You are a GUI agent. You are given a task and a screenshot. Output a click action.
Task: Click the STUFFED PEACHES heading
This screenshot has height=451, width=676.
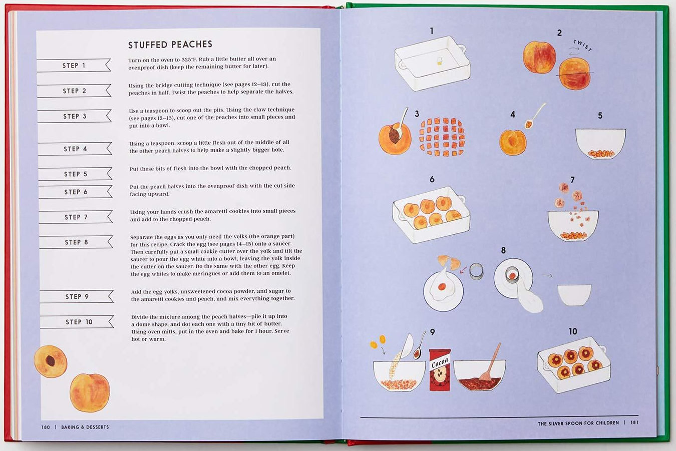click(x=170, y=45)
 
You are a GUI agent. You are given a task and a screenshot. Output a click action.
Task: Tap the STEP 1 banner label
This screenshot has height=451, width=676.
click(x=74, y=66)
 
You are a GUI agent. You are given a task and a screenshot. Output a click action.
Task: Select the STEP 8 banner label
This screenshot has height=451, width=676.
click(x=76, y=242)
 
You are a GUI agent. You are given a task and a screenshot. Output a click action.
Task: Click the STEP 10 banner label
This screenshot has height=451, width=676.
click(x=79, y=322)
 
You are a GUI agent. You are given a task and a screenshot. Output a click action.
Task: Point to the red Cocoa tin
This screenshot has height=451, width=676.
click(x=440, y=369)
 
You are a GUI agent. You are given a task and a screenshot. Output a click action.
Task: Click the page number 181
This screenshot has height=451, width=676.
click(x=634, y=422)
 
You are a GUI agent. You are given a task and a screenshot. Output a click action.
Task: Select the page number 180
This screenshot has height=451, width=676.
click(x=46, y=427)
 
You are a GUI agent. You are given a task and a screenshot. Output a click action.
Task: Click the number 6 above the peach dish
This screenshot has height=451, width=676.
click(x=432, y=179)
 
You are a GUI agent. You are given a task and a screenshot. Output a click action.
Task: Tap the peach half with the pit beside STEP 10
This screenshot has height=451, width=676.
click(x=51, y=361)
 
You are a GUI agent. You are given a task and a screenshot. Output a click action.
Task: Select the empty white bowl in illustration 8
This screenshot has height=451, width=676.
click(x=574, y=294)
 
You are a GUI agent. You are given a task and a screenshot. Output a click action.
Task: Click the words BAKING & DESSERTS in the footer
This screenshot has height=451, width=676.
click(x=85, y=427)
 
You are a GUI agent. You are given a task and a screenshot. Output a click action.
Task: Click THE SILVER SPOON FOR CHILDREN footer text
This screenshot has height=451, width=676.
click(x=578, y=423)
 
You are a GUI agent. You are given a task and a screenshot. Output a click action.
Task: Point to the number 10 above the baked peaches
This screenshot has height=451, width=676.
click(x=573, y=331)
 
